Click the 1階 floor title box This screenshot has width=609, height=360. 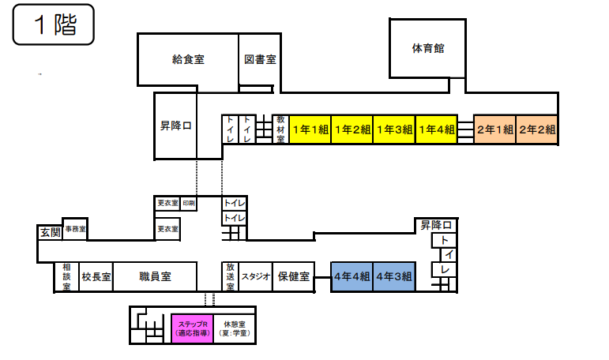[53, 25]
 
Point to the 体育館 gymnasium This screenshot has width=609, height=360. [428, 49]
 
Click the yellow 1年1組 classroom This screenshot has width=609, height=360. [310, 129]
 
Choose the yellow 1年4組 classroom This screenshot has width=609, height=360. [436, 129]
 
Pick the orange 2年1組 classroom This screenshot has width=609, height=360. [494, 129]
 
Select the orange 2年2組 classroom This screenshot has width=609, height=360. [537, 129]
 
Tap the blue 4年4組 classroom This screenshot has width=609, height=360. [351, 276]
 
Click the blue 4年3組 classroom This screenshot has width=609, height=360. [394, 276]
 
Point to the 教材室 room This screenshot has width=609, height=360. [280, 129]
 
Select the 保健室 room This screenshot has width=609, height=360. [291, 277]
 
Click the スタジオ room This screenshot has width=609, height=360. [256, 277]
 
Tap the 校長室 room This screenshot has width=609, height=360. [96, 277]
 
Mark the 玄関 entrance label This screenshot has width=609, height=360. [49, 232]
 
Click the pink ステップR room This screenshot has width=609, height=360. [192, 328]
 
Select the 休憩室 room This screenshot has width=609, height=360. [235, 328]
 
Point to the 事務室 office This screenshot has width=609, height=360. [75, 228]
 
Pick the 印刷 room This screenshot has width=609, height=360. [189, 204]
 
